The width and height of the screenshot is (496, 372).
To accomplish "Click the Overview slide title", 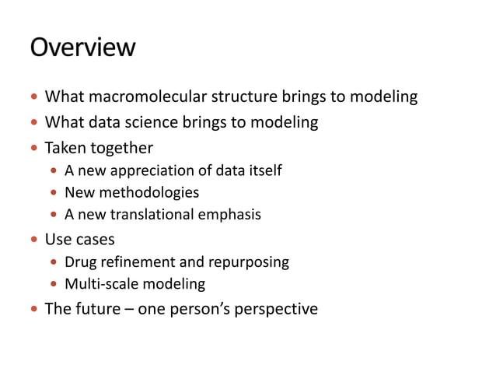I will pyautogui.click(x=82, y=48).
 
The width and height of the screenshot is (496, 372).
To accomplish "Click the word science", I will pyautogui.click(x=147, y=122).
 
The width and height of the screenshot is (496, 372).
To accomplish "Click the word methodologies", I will pyautogui.click(x=148, y=192).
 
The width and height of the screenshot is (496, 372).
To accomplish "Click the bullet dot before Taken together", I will pyautogui.click(x=33, y=148).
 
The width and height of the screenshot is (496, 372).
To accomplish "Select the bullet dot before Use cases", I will pyautogui.click(x=33, y=239).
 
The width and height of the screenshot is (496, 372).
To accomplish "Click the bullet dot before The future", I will pyautogui.click(x=33, y=310).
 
